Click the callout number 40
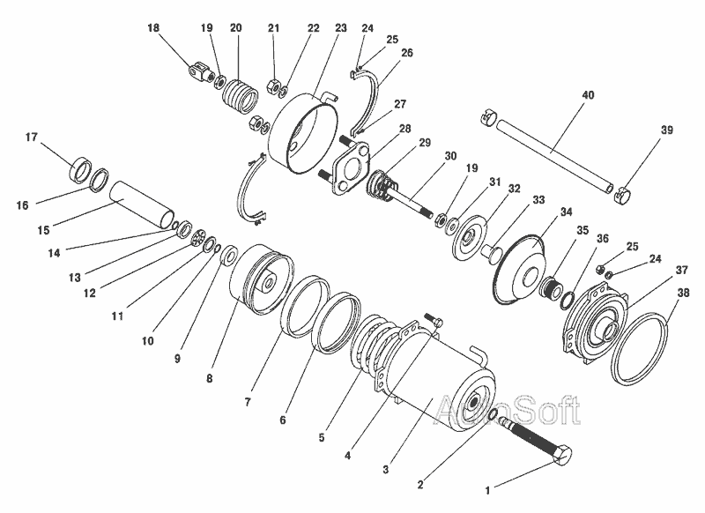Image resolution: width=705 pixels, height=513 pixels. pyautogui.click(x=588, y=95)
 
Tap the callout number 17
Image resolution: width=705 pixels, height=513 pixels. pyautogui.click(x=31, y=137)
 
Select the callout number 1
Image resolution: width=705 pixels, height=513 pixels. pyautogui.click(x=487, y=490)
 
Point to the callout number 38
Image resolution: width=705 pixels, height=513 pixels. pyautogui.click(x=683, y=293)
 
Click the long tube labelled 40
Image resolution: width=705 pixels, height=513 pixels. pyautogui.click(x=554, y=153)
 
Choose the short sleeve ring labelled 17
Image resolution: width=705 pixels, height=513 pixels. pyautogui.click(x=79, y=169)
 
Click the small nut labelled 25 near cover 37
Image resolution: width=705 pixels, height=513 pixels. pyautogui.click(x=600, y=270)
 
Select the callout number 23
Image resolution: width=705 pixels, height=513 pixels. pyautogui.click(x=341, y=28)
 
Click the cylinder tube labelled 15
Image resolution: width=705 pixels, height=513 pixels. pyautogui.click(x=142, y=204)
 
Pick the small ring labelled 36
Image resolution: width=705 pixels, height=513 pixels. pyautogui.click(x=568, y=301)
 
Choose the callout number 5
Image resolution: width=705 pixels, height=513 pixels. pyautogui.click(x=322, y=437)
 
